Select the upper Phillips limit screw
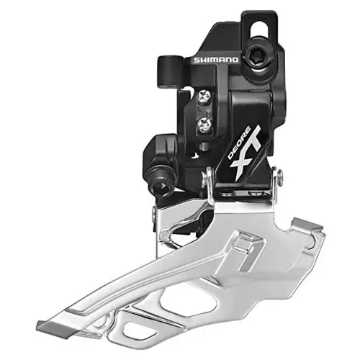point(204,95)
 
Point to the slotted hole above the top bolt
point(257,27)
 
